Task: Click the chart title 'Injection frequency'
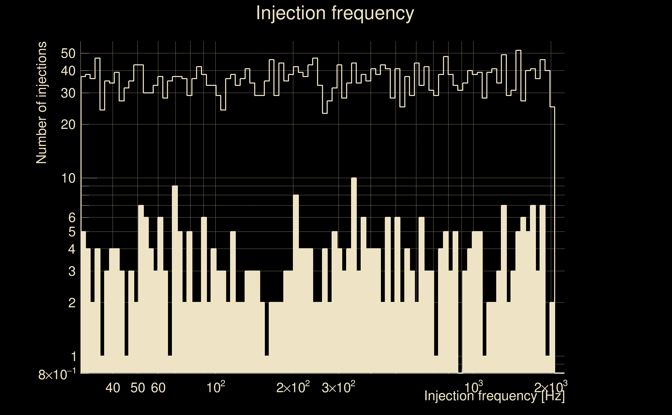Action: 335,13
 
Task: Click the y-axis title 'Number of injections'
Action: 41,103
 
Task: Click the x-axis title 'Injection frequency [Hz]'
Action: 494,396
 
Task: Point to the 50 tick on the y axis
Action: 68,53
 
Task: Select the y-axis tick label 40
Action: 68,71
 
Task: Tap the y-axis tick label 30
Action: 68,93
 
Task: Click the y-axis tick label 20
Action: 68,125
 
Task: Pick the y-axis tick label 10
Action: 68,179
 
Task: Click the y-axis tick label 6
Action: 71,218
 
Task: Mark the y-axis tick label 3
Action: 71,272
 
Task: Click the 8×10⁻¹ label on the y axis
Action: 57,375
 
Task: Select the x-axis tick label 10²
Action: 216,388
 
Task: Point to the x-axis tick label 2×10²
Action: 293,388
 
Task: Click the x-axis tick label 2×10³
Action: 550,388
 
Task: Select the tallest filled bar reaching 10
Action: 354,274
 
